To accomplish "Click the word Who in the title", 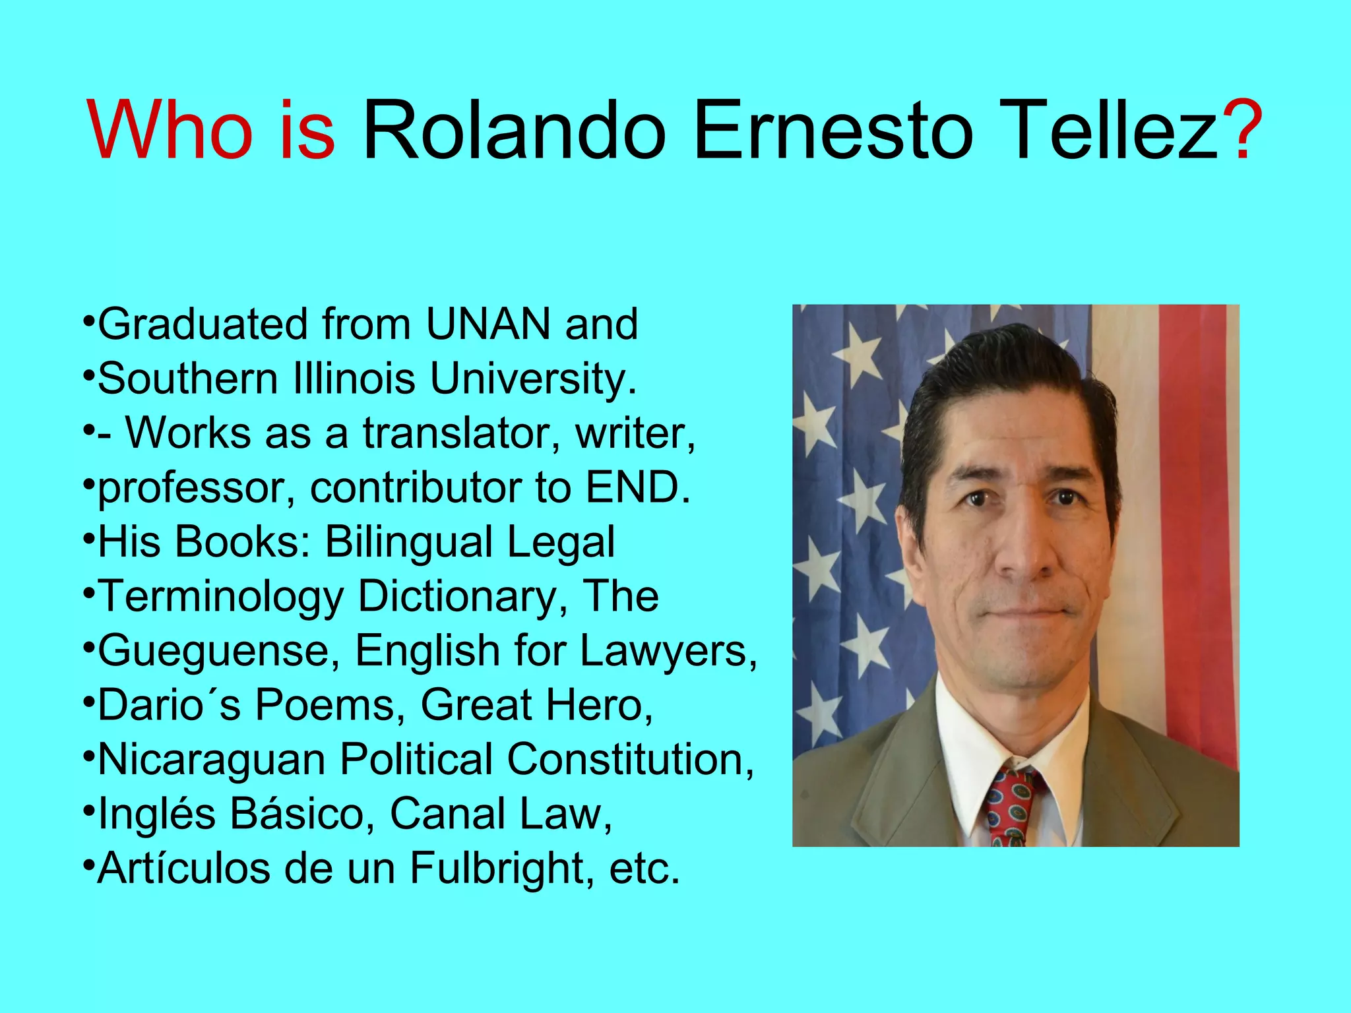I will click(170, 129).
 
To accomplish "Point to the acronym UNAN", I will click(488, 324).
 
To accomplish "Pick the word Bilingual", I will click(409, 543).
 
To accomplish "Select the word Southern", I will click(187, 379).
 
